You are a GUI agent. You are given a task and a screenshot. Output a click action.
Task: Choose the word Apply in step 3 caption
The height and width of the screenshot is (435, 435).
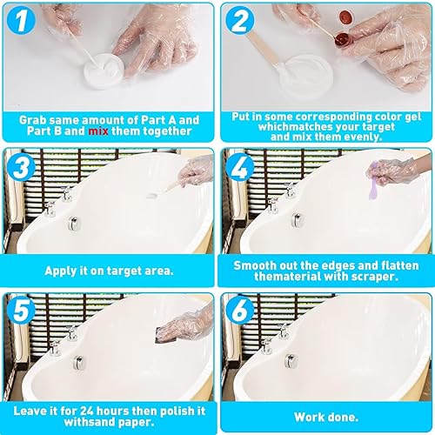click(61, 270)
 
